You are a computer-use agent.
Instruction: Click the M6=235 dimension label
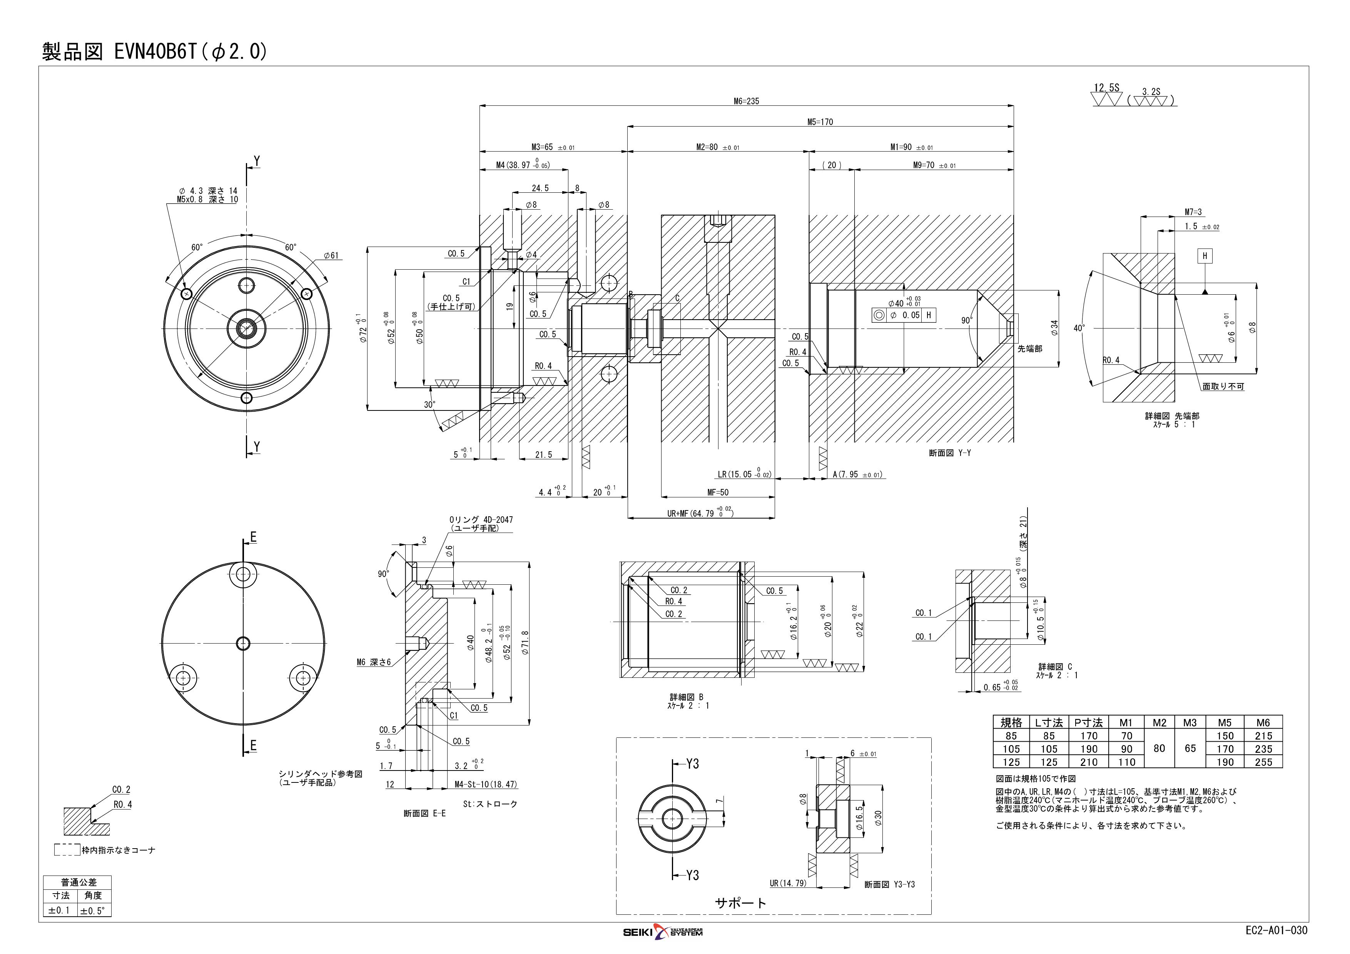pos(746,101)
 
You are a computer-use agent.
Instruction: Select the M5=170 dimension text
pos(820,122)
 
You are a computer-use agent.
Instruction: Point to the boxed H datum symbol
pos(1205,256)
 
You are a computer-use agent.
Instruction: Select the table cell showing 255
pos(1263,762)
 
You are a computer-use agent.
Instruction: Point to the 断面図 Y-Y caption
pos(950,453)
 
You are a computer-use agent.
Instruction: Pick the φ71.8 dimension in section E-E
pos(525,644)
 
